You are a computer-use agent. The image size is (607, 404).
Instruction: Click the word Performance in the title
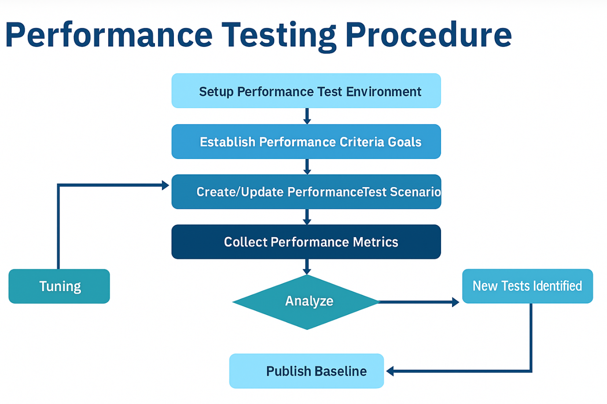(x=109, y=35)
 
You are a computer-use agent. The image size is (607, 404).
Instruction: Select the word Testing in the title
(x=279, y=36)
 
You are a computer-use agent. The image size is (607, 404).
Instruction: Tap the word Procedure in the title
(x=429, y=34)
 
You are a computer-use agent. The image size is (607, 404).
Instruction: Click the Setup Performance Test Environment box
(x=306, y=91)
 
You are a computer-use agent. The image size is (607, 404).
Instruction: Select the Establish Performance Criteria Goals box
(x=306, y=142)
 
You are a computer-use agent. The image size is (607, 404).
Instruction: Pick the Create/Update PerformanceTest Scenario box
(x=306, y=192)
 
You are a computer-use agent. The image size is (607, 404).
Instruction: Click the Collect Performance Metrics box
(x=306, y=242)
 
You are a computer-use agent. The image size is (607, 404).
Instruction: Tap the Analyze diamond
(x=306, y=302)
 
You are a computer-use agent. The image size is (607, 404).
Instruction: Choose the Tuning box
(x=59, y=286)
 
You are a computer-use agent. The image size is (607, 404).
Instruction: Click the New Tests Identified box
(x=528, y=286)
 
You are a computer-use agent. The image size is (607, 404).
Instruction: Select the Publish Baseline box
(x=306, y=371)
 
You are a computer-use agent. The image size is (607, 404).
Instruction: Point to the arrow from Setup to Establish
(x=307, y=116)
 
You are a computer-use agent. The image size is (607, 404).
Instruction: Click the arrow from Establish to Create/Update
(x=307, y=167)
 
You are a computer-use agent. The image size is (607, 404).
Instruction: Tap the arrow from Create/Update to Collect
(x=307, y=217)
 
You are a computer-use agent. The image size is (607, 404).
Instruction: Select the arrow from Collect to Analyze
(x=307, y=267)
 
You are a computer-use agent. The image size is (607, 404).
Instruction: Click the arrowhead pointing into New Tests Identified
(x=456, y=302)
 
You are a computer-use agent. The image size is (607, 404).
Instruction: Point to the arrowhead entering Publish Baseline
(x=390, y=371)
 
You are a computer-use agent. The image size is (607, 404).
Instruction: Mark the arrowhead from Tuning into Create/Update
(x=166, y=186)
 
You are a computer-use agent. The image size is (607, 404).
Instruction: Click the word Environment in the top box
(x=383, y=91)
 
